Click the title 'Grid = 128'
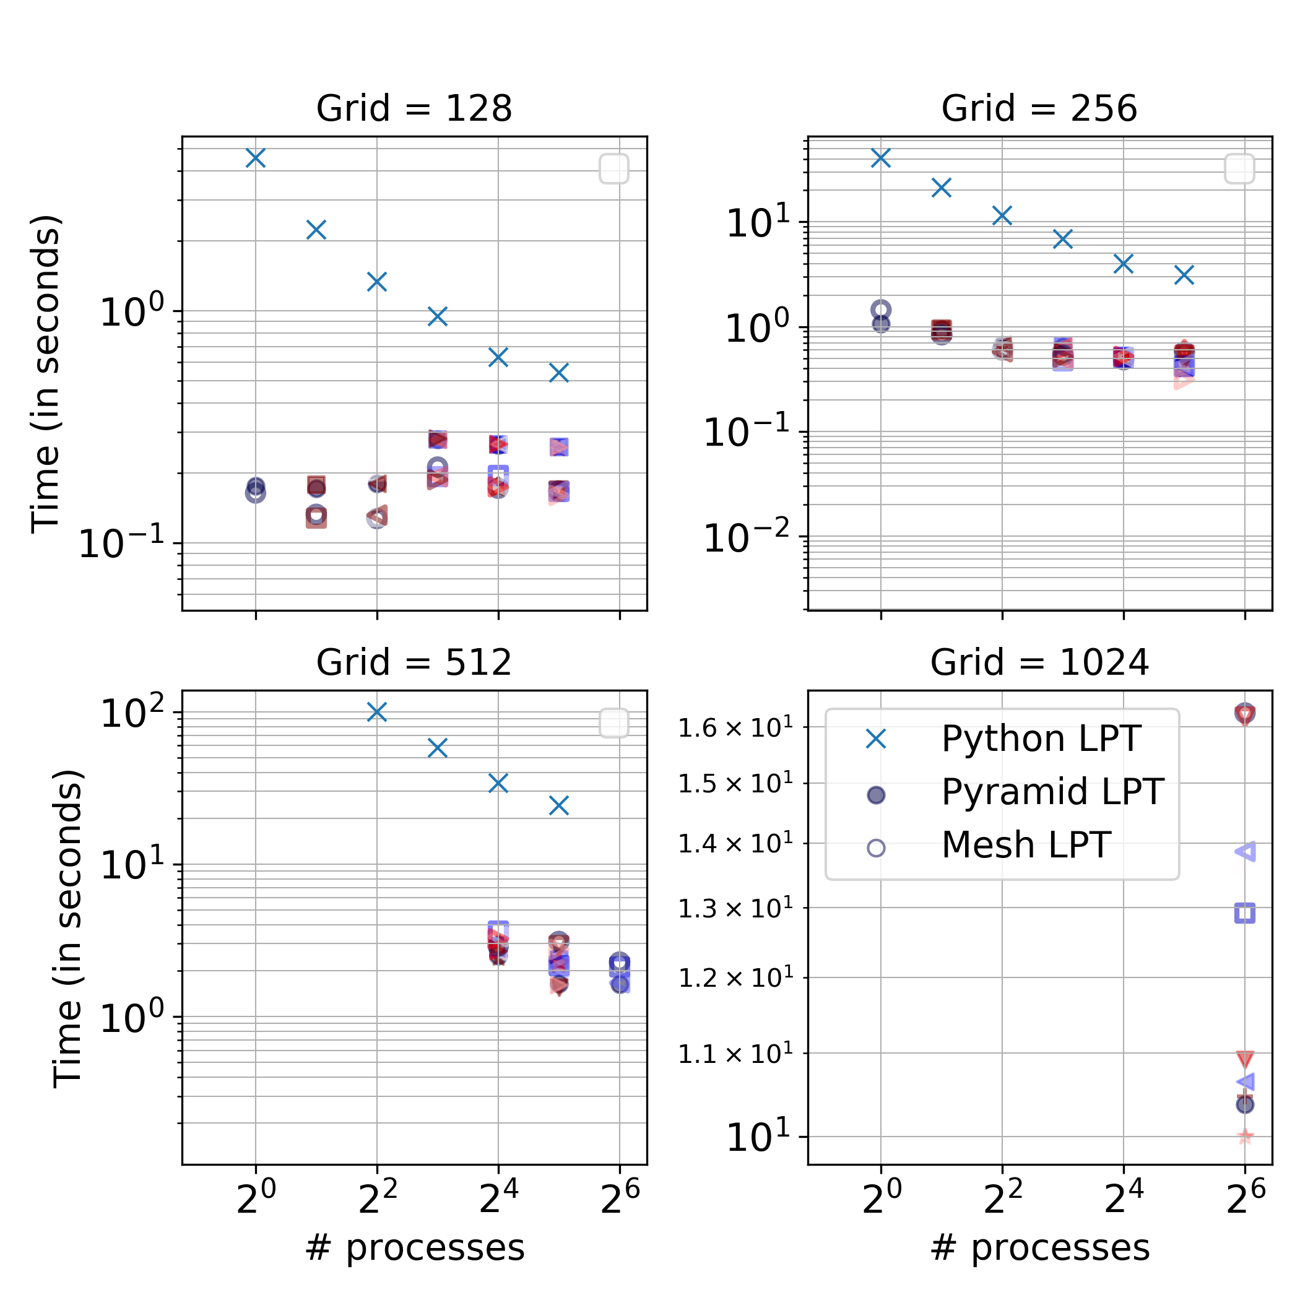[x=414, y=108]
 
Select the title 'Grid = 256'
[x=1039, y=108]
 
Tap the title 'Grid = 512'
[x=414, y=663]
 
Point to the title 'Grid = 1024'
[x=1039, y=663]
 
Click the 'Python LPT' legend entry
[x=1040, y=739]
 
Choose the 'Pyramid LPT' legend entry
[x=1052, y=792]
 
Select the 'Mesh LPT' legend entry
[x=1026, y=845]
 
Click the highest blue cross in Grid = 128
[x=256, y=158]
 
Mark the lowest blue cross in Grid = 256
[x=1184, y=274]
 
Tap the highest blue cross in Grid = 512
[x=377, y=712]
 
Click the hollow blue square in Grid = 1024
[x=1245, y=914]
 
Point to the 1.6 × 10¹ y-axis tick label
[x=735, y=729]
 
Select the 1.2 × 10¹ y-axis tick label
[x=735, y=978]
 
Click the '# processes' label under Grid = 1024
[x=1039, y=1249]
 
